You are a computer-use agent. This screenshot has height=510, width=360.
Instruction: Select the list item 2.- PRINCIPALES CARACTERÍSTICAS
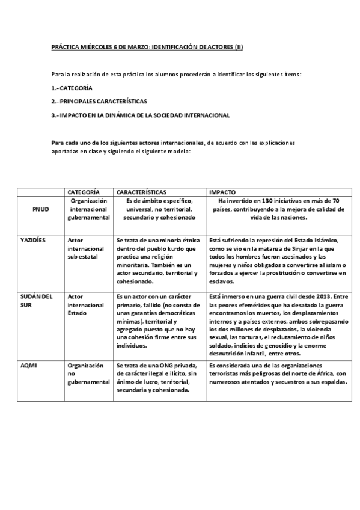click(99, 101)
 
